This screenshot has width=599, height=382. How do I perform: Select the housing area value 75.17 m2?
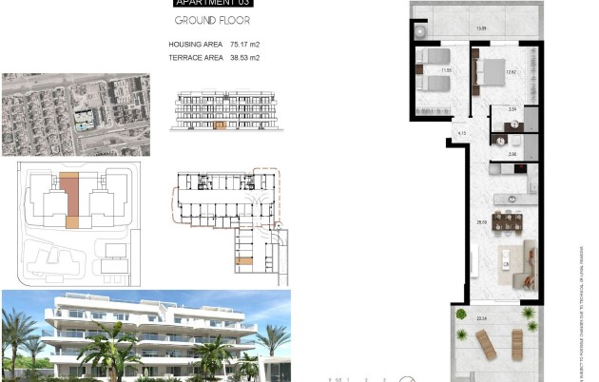242,45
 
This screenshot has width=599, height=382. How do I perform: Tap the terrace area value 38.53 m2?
244,58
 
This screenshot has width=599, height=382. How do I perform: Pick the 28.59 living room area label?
482,222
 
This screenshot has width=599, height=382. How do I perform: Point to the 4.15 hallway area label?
461,133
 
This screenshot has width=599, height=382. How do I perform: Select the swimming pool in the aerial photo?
84,123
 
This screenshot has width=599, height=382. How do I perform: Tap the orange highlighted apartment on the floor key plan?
244,258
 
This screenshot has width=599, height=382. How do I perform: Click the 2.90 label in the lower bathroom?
512,154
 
